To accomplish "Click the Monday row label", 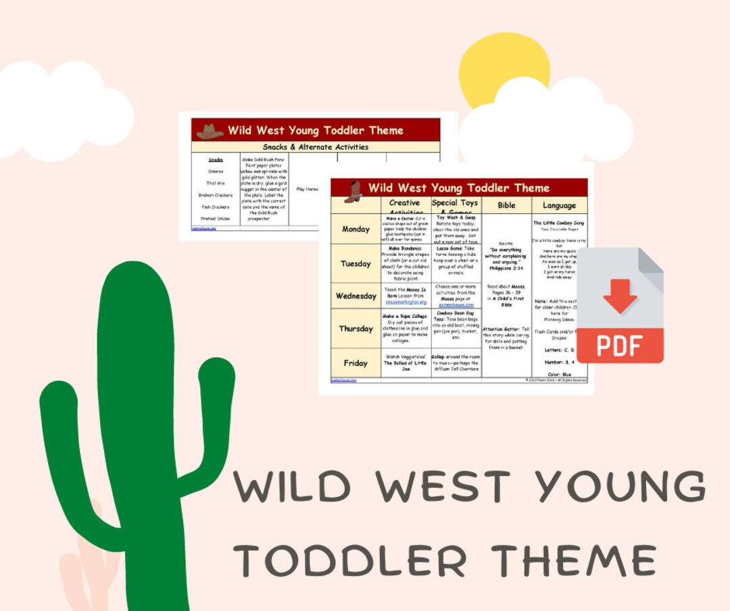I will [x=356, y=229].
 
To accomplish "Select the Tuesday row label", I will [x=356, y=263].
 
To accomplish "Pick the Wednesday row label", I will [x=356, y=296].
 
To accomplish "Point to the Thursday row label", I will [x=356, y=329].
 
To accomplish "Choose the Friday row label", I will [x=356, y=363].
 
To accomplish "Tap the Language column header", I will [x=559, y=205].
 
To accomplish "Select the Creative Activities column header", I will [x=405, y=205].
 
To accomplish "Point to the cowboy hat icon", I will [x=210, y=131].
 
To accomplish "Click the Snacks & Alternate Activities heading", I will [x=316, y=147].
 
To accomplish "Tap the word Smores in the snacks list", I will [x=216, y=171].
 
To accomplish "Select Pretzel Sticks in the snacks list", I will [x=216, y=219].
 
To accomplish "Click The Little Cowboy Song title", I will [x=559, y=223].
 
